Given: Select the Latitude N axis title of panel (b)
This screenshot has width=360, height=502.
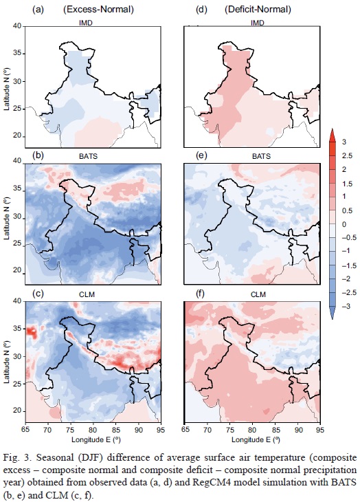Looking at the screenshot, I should (8, 219).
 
